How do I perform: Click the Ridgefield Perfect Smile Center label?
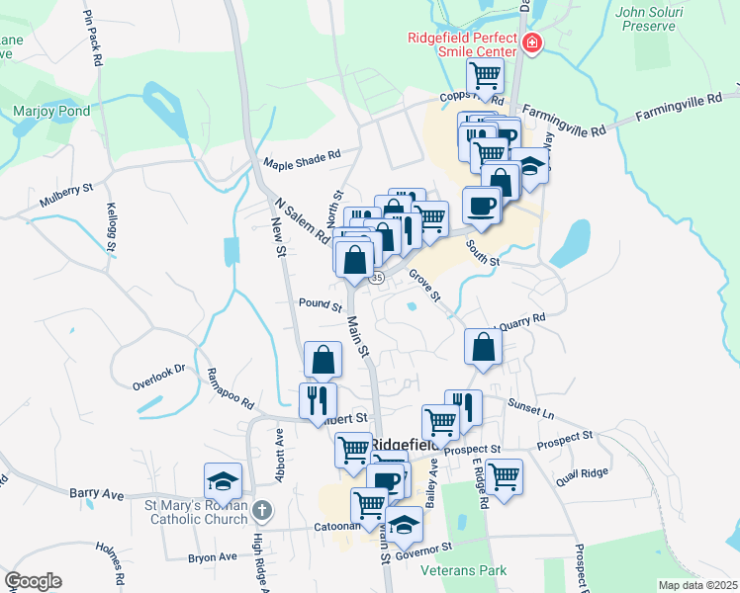(x=462, y=44)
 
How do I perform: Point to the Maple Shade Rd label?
(x=301, y=160)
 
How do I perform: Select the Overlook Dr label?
(x=159, y=373)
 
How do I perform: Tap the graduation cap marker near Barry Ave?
(x=223, y=481)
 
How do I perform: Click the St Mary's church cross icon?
(x=261, y=510)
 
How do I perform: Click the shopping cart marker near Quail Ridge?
(x=504, y=476)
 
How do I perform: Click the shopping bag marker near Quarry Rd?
(x=482, y=347)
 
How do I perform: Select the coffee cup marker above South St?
(x=482, y=205)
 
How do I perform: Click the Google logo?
(x=33, y=581)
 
